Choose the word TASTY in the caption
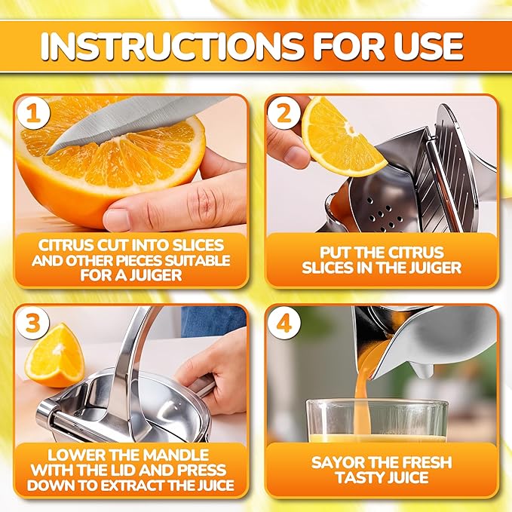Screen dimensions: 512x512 click(x=360, y=478)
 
